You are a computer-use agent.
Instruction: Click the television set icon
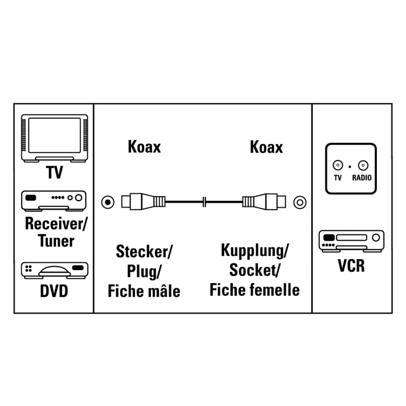pyautogui.click(x=55, y=138)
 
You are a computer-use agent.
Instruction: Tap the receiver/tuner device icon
pyautogui.click(x=54, y=201)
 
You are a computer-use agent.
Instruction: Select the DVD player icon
pyautogui.click(x=55, y=270)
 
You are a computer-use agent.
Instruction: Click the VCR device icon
pyautogui.click(x=351, y=241)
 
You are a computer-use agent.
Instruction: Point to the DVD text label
pyautogui.click(x=54, y=291)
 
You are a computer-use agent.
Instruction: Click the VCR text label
pyautogui.click(x=351, y=265)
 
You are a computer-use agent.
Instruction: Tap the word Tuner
pyautogui.click(x=56, y=241)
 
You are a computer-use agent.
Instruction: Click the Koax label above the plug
pyautogui.click(x=144, y=147)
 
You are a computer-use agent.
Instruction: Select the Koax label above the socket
pyautogui.click(x=266, y=147)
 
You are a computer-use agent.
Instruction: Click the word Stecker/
pyautogui.click(x=144, y=251)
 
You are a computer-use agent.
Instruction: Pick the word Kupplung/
pyautogui.click(x=254, y=251)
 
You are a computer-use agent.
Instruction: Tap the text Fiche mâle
pyautogui.click(x=144, y=291)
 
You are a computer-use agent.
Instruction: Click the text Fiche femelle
pyautogui.click(x=254, y=290)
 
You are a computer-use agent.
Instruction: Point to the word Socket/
pyautogui.click(x=254, y=270)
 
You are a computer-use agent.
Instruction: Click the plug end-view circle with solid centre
pyautogui.click(x=108, y=202)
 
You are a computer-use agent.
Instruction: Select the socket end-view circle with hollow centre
pyautogui.click(x=300, y=202)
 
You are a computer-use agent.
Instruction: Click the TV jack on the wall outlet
pyautogui.click(x=337, y=165)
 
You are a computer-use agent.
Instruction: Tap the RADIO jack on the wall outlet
pyautogui.click(x=363, y=165)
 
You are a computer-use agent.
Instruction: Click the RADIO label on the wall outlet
pyautogui.click(x=362, y=178)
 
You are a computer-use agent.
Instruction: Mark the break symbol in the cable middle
pyautogui.click(x=204, y=202)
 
